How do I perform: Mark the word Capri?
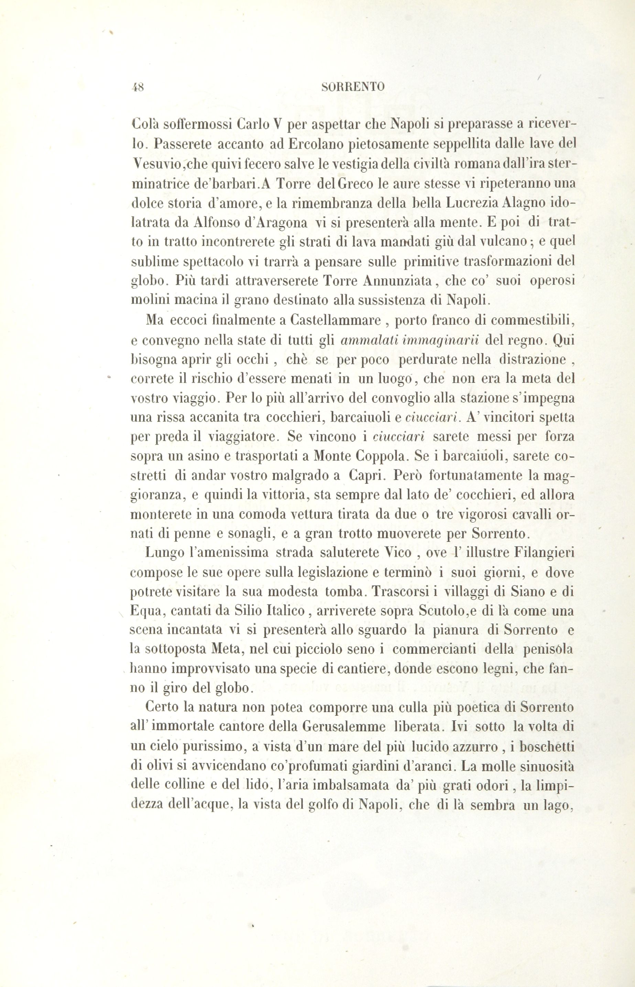pos(366,476)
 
